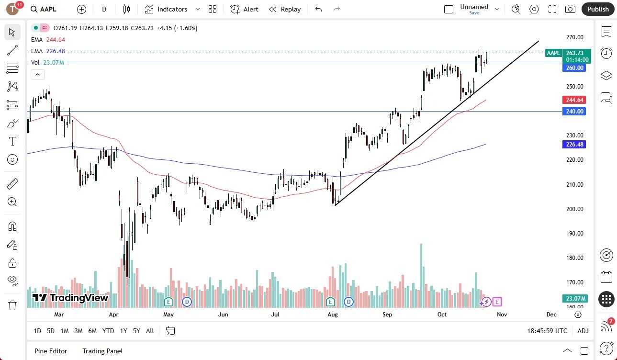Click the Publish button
[x=598, y=9]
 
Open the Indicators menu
[x=172, y=9]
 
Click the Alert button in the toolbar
[x=244, y=9]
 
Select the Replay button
[x=285, y=9]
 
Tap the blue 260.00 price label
[x=574, y=68]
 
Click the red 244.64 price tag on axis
[x=574, y=100]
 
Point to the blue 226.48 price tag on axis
[x=574, y=145]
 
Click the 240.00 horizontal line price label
[x=574, y=112]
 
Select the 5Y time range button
[x=136, y=331]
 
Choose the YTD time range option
[x=108, y=331]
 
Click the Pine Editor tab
[x=51, y=351]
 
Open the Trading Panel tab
[x=102, y=351]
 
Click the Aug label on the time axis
[x=333, y=315]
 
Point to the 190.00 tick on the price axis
[x=574, y=234]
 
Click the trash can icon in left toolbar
[x=12, y=305]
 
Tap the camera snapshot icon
[x=570, y=9]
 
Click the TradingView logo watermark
[x=70, y=298]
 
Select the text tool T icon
[x=12, y=141]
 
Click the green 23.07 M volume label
[x=574, y=299]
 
